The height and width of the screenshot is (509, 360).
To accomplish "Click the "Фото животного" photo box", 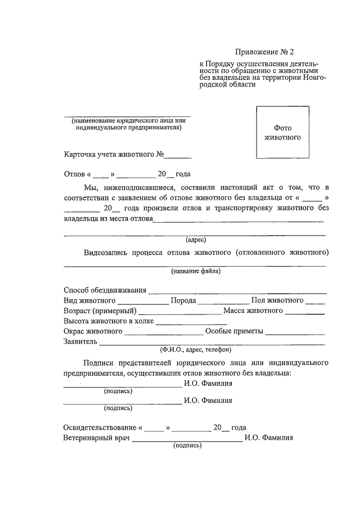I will [x=283, y=132].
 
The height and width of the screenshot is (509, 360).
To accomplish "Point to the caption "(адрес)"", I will [x=196, y=239].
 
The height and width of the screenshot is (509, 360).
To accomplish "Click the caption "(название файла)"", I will [x=196, y=271].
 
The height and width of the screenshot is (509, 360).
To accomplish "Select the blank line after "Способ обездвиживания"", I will [x=236, y=291].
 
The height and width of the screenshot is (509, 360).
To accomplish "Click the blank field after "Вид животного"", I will [x=143, y=301].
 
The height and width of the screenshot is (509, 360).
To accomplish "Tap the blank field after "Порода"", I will [x=224, y=301].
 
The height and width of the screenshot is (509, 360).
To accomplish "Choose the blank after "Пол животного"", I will [x=316, y=301].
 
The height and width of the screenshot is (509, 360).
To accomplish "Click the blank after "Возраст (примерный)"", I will [x=179, y=311].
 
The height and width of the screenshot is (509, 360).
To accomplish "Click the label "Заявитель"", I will [x=80, y=341].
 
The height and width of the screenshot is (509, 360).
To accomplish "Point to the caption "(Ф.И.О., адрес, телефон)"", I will [x=195, y=349].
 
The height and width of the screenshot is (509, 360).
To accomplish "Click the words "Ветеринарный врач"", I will [x=96, y=438].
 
